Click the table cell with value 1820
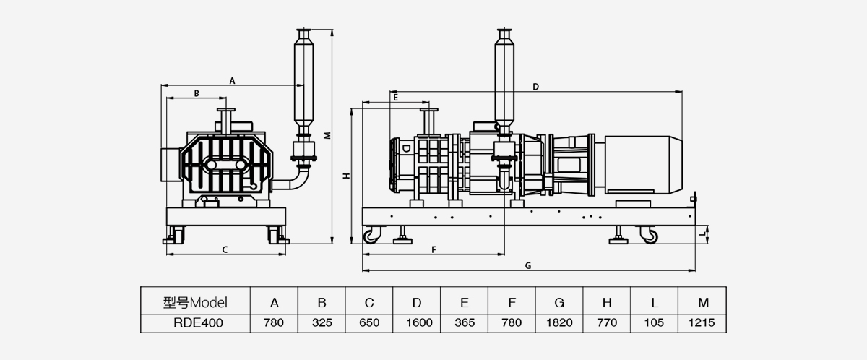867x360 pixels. pos(560,323)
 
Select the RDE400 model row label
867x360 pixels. pos(195,323)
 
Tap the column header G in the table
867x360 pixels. pos(560,302)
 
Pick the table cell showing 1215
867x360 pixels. pos(702,323)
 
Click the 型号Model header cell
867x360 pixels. pos(195,302)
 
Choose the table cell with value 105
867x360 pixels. pos(655,323)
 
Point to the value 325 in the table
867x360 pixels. pos(322,323)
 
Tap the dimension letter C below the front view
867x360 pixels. pos(225,250)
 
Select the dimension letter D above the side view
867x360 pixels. pos(535,87)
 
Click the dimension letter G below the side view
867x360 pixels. pos(528,265)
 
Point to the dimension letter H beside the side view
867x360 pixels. pos(345,176)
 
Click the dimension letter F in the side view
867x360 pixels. pos(433,249)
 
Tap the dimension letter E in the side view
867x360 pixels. pos(395,95)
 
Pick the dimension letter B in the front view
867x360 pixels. pos(195,93)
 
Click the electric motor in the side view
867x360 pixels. pos(639,164)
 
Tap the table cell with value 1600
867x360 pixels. pos(417,323)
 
